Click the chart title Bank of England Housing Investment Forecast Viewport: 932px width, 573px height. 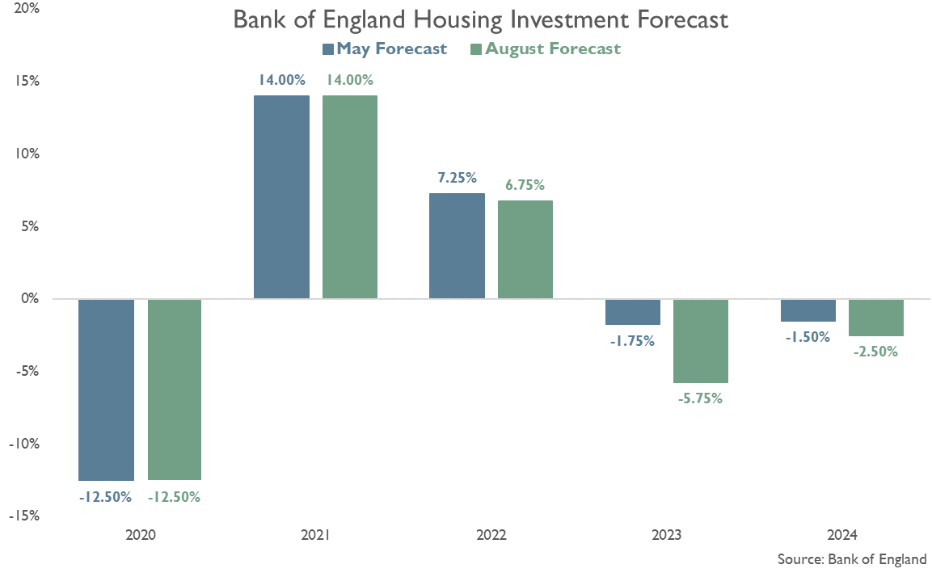[480, 20]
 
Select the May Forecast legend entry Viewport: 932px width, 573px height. [385, 48]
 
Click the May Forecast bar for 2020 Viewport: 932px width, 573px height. [106, 390]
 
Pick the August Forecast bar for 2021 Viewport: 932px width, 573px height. [350, 197]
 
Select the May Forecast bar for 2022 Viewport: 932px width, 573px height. [457, 246]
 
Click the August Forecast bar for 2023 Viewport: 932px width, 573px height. [701, 341]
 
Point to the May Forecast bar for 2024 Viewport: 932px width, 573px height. [808, 310]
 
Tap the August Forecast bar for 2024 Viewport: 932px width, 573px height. [876, 318]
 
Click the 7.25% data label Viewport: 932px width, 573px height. [458, 178]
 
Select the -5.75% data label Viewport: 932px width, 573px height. [701, 398]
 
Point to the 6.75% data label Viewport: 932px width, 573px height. [525, 185]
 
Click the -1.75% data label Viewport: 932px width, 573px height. [632, 340]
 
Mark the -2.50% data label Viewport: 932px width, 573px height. [876, 352]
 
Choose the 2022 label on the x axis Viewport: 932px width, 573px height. [491, 535]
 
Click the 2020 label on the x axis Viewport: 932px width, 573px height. [141, 535]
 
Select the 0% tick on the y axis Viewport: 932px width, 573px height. [31, 299]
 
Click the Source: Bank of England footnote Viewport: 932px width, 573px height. [852, 559]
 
